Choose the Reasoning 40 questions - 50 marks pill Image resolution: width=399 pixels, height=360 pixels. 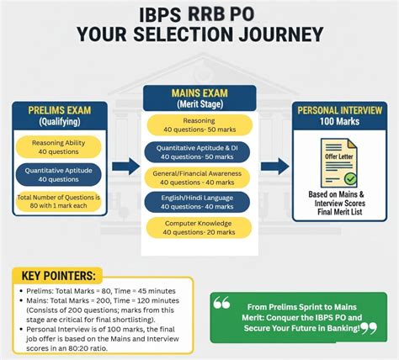199,126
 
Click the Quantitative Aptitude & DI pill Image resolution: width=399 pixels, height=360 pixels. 199,152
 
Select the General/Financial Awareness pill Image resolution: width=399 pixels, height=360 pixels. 199,177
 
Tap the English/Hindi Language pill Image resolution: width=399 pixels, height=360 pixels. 199,202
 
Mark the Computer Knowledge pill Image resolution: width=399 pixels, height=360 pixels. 199,227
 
